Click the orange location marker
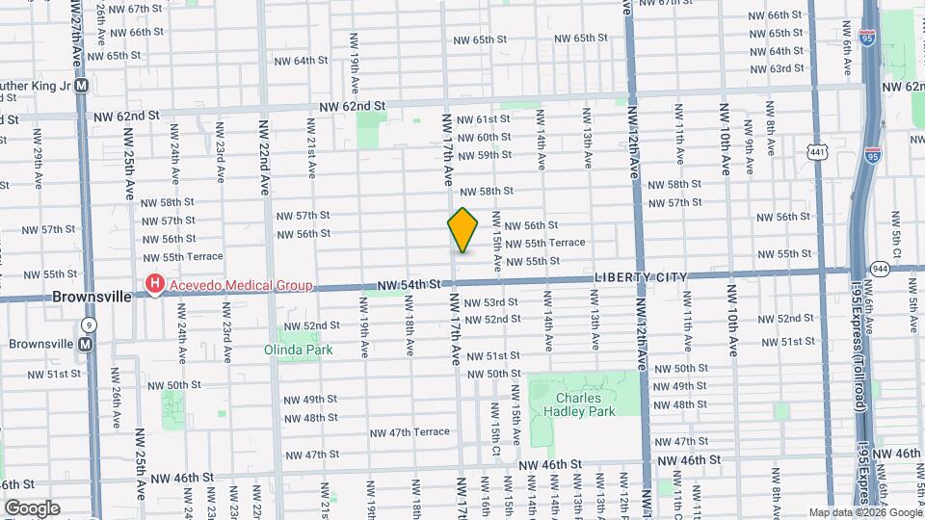[463, 230]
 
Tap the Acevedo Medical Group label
[240, 285]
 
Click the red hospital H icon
[154, 284]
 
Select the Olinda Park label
[299, 350]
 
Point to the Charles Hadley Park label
[585, 404]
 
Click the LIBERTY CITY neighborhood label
[641, 277]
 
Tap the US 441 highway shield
[818, 152]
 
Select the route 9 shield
[89, 325]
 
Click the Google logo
[32, 508]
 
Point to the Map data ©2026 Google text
[864, 512]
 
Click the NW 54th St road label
[409, 285]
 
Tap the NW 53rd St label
[491, 302]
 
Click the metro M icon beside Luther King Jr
[82, 84]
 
